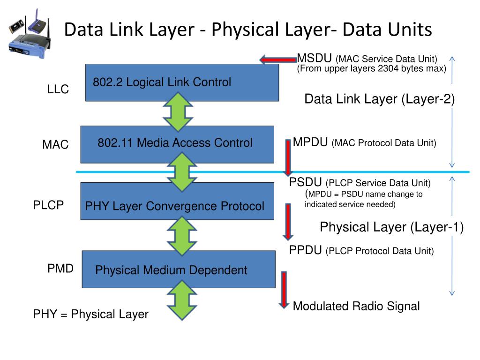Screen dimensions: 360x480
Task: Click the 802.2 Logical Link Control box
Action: coord(182,82)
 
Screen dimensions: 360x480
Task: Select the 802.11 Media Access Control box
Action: coord(177,144)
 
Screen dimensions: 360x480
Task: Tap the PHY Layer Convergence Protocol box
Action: coord(177,202)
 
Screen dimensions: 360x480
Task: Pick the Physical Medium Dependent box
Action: coord(178,270)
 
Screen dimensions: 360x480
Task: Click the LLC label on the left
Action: coord(58,90)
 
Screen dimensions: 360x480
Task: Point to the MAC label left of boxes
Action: coord(55,145)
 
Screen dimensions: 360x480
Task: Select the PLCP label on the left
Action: coord(48,205)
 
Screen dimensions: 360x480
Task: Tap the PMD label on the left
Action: coord(60,269)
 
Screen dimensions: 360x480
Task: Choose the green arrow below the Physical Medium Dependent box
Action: coord(178,300)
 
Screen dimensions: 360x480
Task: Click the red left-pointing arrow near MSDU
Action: coord(277,60)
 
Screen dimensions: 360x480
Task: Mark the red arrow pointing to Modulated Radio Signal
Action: coord(284,290)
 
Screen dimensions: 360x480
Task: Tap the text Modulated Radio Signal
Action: coord(356,307)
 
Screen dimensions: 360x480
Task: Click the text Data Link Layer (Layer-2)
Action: coord(379,99)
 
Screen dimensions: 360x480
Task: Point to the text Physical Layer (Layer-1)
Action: coord(391,227)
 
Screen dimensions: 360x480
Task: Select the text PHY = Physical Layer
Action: coord(90,314)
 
